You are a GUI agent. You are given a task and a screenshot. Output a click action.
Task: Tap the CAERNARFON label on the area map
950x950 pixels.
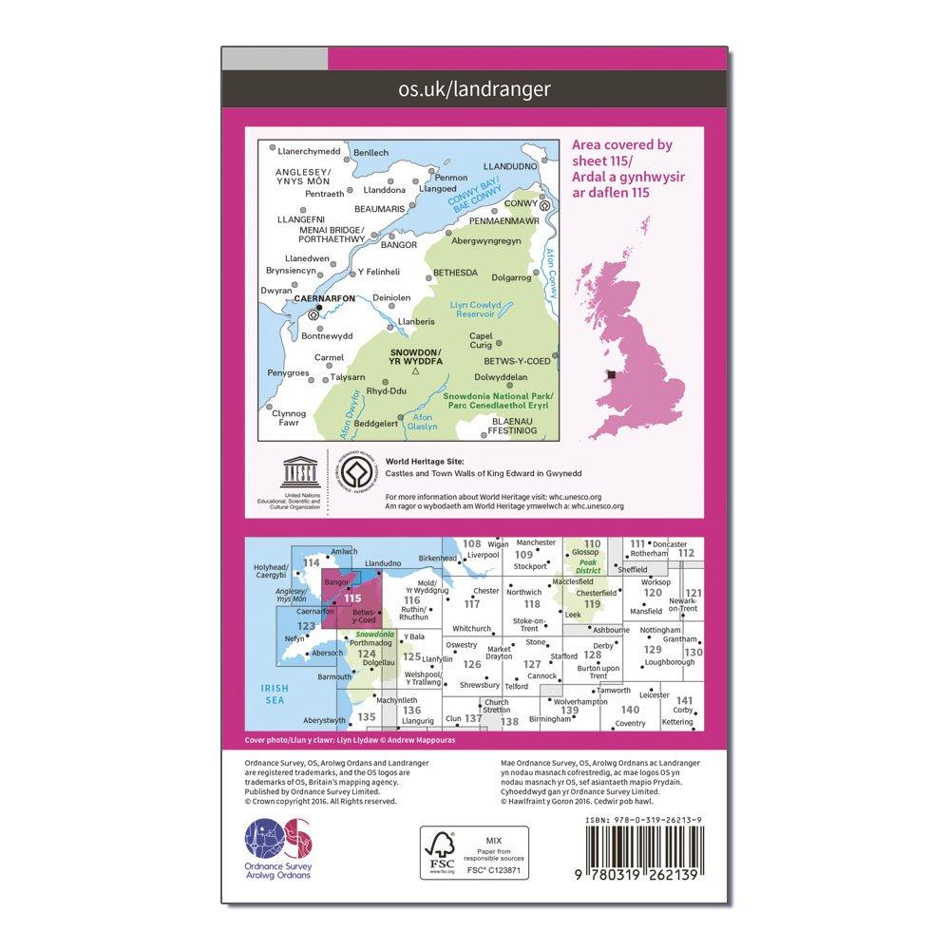pyautogui.click(x=325, y=297)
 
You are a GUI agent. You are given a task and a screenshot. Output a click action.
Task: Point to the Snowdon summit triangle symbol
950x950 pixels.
pyautogui.click(x=403, y=371)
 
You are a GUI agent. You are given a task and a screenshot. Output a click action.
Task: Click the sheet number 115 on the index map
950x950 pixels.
pyautogui.click(x=353, y=598)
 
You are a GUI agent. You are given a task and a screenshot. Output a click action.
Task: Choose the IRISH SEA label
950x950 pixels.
pyautogui.click(x=275, y=693)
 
